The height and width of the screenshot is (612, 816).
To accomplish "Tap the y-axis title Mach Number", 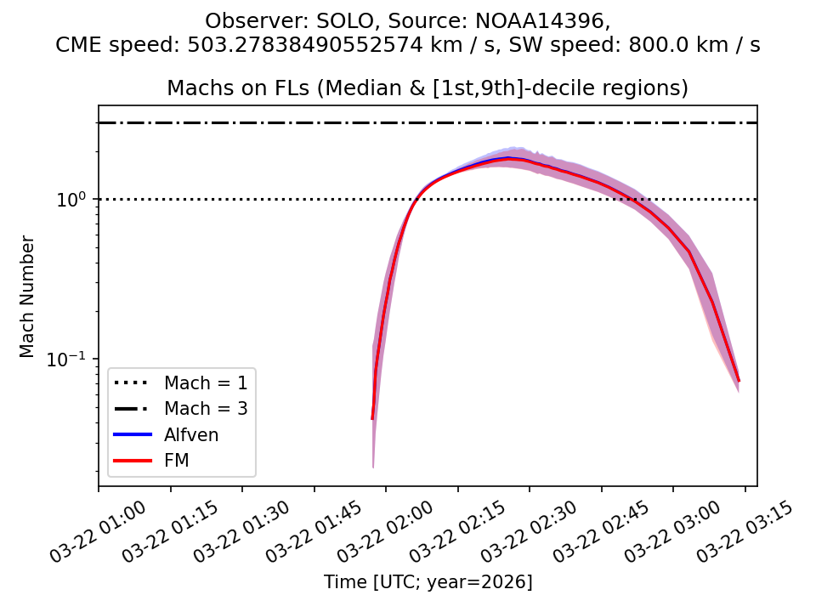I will (x=28, y=296).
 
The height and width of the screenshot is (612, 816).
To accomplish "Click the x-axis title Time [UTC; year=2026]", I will (x=428, y=582).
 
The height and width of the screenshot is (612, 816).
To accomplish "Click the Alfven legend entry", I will (x=191, y=435).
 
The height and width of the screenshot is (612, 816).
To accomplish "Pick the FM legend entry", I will (x=177, y=461).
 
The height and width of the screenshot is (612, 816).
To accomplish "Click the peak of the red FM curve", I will (x=508, y=158).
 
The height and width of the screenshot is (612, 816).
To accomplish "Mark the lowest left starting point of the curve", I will (x=372, y=418).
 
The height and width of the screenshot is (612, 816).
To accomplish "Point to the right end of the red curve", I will (x=739, y=381).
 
